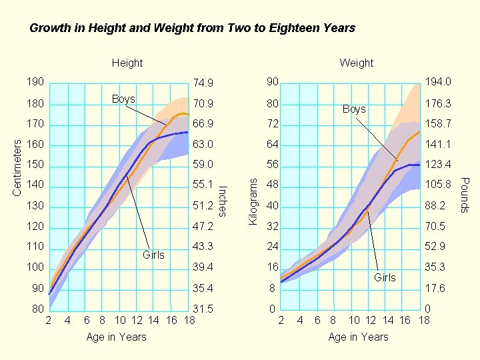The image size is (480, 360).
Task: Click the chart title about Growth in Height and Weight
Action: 192,28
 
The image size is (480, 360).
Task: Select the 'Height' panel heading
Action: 127,63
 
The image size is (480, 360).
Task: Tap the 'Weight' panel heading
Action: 356,63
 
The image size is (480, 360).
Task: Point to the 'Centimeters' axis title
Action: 18,167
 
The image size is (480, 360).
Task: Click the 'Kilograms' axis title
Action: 253,196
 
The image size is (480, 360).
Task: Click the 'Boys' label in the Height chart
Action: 123,99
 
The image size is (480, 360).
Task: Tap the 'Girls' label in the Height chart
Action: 153,255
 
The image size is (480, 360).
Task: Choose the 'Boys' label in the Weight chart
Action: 354,109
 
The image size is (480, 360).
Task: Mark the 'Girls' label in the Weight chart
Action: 385,277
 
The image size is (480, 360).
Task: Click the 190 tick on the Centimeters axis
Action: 35,82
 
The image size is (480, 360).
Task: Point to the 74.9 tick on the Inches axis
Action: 202,83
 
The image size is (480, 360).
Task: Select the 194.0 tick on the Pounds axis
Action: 438,82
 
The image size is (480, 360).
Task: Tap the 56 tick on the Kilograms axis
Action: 272,165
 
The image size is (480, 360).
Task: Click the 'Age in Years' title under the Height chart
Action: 116,337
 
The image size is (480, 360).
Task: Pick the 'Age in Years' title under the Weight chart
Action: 358,337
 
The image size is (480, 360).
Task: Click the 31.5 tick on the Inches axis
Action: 202,309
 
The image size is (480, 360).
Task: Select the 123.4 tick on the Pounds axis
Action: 438,165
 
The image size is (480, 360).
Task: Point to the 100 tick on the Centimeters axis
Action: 35,267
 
